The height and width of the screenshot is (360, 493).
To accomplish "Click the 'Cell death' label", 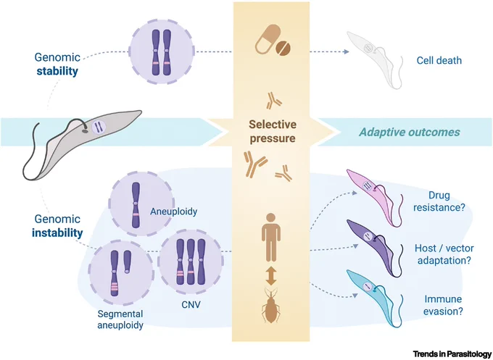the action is [x=439, y=60].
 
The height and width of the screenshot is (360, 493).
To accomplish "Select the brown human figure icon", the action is [x=271, y=238].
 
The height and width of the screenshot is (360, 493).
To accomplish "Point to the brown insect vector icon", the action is [x=271, y=306].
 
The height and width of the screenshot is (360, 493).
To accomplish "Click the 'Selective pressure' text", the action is [x=273, y=131].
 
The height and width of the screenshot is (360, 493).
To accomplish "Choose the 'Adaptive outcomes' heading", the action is [x=410, y=132].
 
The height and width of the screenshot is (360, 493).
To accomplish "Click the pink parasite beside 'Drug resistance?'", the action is [x=374, y=197].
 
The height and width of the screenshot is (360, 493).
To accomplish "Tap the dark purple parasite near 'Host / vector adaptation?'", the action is [x=374, y=247].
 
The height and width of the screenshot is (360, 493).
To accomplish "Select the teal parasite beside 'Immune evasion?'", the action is [x=374, y=297].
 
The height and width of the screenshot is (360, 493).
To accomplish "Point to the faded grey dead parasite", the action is [x=374, y=59].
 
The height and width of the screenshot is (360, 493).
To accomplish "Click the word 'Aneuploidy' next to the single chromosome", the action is [x=173, y=212].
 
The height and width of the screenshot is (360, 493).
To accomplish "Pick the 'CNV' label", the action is [x=190, y=304].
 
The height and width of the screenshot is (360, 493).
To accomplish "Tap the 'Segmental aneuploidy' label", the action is [x=120, y=319].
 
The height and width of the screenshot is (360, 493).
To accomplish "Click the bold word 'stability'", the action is [x=57, y=71].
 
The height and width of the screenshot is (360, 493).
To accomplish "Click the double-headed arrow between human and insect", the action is [x=271, y=275].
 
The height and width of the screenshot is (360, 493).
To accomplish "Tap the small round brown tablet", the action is [x=283, y=49].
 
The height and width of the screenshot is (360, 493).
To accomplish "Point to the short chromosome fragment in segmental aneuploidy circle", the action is [x=127, y=261].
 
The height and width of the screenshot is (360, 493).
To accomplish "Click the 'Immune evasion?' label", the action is [x=443, y=306].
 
